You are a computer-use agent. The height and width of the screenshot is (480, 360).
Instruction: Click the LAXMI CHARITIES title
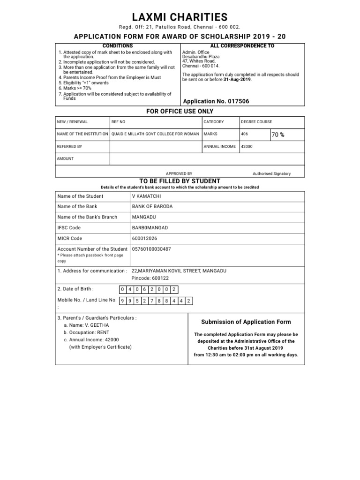(x=180, y=17)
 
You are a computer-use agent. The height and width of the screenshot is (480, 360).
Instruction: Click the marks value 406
(x=244, y=134)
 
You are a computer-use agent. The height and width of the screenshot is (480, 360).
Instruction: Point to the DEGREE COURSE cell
(x=256, y=122)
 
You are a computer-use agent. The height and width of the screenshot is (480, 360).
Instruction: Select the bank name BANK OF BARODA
(x=152, y=207)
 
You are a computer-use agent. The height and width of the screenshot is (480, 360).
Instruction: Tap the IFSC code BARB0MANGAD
(x=150, y=228)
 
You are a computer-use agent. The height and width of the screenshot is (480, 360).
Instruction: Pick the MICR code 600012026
(x=146, y=238)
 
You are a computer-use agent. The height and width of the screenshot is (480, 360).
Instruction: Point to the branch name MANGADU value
(x=144, y=217)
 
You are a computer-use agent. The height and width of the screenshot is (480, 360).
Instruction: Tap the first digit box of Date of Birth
(x=122, y=290)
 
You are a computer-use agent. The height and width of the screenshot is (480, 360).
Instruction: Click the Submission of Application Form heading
(x=246, y=322)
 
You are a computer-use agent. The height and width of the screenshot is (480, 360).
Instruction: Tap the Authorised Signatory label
(x=271, y=173)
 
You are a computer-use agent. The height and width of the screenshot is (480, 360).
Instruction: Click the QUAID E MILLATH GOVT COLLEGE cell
(x=155, y=134)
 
